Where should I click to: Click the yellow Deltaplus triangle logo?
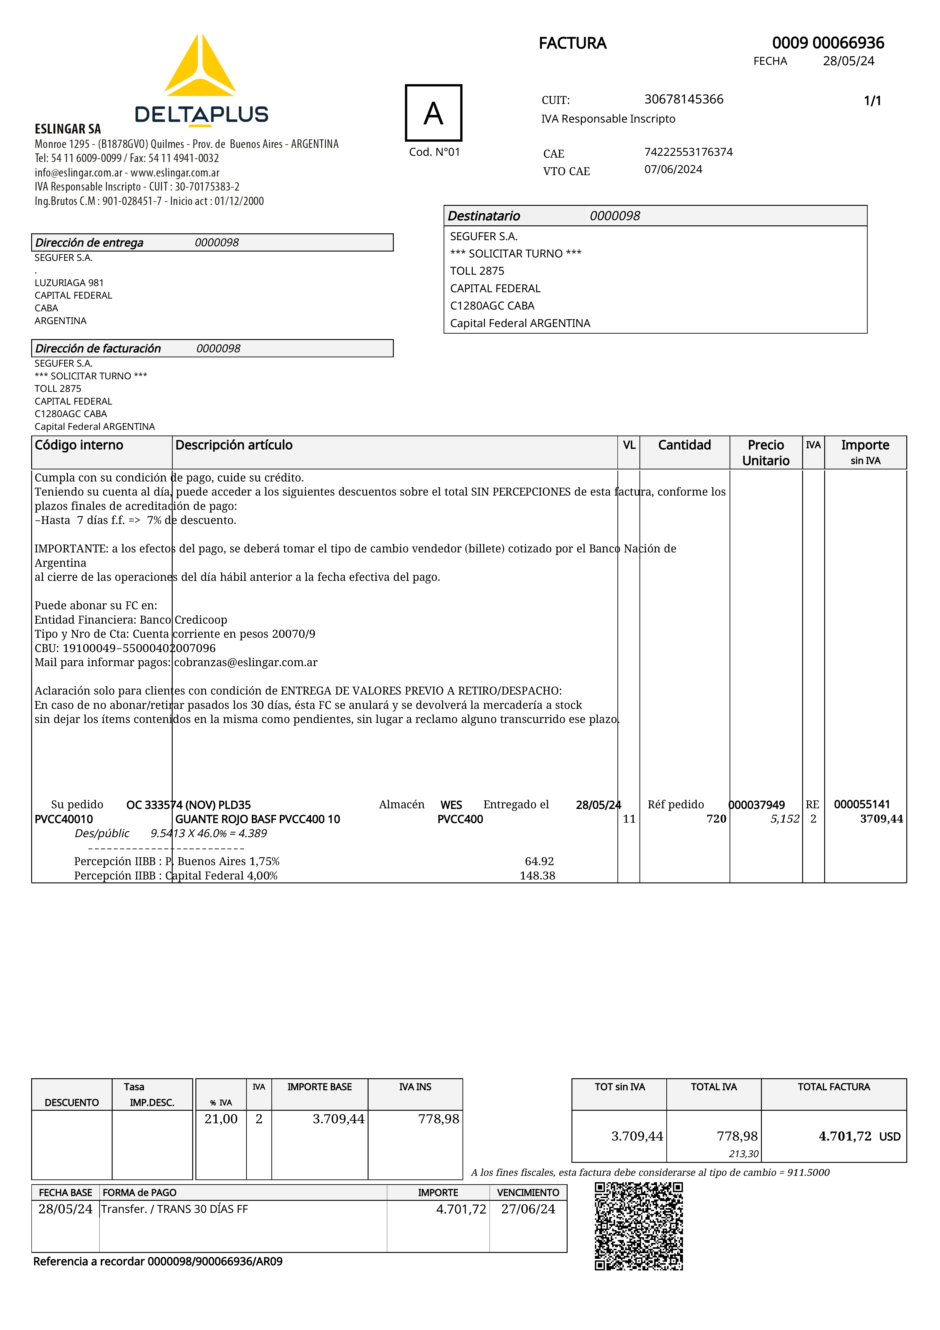200,67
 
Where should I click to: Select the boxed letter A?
434,113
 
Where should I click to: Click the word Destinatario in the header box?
484,216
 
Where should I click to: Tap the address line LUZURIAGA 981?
69,283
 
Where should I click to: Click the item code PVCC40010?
64,819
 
